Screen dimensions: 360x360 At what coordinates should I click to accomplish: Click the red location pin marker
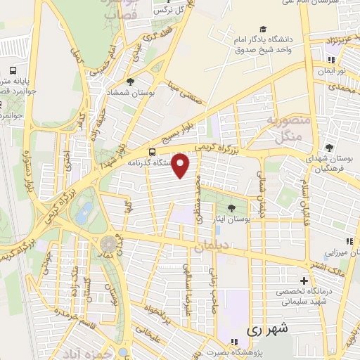click(181, 166)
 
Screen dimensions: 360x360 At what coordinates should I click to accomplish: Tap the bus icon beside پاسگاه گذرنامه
click(153, 152)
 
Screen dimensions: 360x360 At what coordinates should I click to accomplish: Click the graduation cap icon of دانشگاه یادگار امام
click(262, 30)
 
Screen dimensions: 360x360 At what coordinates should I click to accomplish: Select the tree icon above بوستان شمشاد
click(129, 83)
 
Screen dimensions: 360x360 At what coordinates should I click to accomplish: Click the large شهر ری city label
click(269, 328)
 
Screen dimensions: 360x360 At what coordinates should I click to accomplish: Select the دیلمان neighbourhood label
click(208, 247)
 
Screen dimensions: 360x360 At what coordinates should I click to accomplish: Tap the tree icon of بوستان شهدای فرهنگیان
click(329, 148)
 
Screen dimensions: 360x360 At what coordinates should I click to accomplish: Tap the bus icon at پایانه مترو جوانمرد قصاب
click(13, 72)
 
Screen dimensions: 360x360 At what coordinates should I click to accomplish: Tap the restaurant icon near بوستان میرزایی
click(349, 241)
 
